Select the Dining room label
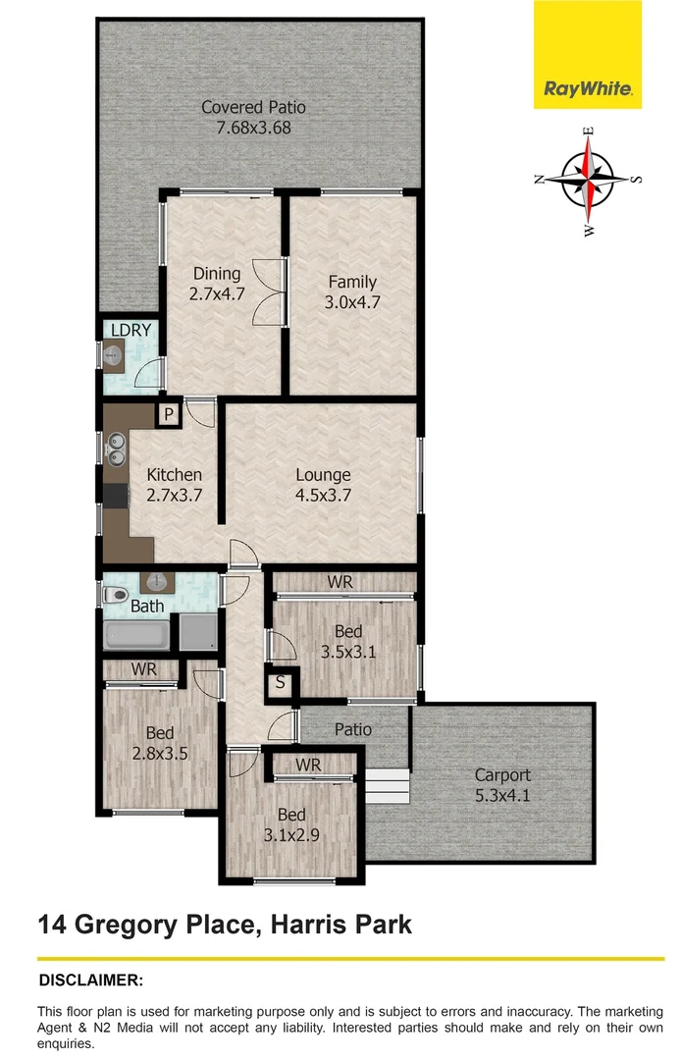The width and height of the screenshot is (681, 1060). click(216, 274)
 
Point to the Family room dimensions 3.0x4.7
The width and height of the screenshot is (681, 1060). click(352, 302)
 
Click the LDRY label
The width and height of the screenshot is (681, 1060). click(131, 331)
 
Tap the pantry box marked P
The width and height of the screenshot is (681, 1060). click(169, 415)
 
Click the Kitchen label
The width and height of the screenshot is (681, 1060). click(175, 475)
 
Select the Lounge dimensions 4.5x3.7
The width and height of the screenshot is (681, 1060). click(323, 496)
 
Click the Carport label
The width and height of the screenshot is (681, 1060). click(501, 774)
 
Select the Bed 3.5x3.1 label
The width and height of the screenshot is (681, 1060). click(348, 631)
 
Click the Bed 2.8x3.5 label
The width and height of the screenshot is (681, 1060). click(160, 733)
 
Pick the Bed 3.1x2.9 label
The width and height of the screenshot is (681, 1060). click(291, 815)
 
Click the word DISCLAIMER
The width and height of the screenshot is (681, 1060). click(90, 980)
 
